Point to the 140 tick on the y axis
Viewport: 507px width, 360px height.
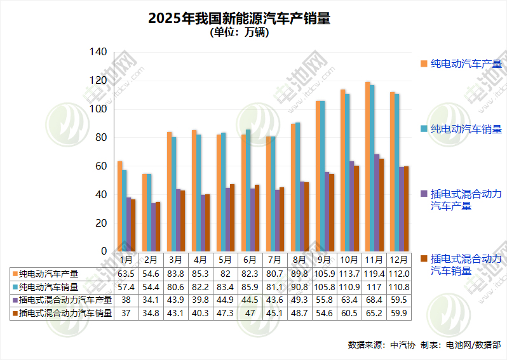(98, 51)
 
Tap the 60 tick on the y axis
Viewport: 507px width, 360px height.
(100, 166)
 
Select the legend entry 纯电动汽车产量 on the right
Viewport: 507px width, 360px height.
(466, 63)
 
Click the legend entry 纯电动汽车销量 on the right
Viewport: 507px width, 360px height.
(466, 129)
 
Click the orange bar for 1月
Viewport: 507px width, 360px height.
(119, 206)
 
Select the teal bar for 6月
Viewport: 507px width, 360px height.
(248, 190)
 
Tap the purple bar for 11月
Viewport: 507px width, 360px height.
(377, 203)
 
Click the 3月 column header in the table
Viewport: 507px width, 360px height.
(175, 260)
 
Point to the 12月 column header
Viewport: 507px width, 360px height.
(398, 260)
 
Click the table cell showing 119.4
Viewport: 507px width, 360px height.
(373, 274)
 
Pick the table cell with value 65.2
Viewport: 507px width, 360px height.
(373, 313)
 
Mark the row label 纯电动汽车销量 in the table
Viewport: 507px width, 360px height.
(49, 287)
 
